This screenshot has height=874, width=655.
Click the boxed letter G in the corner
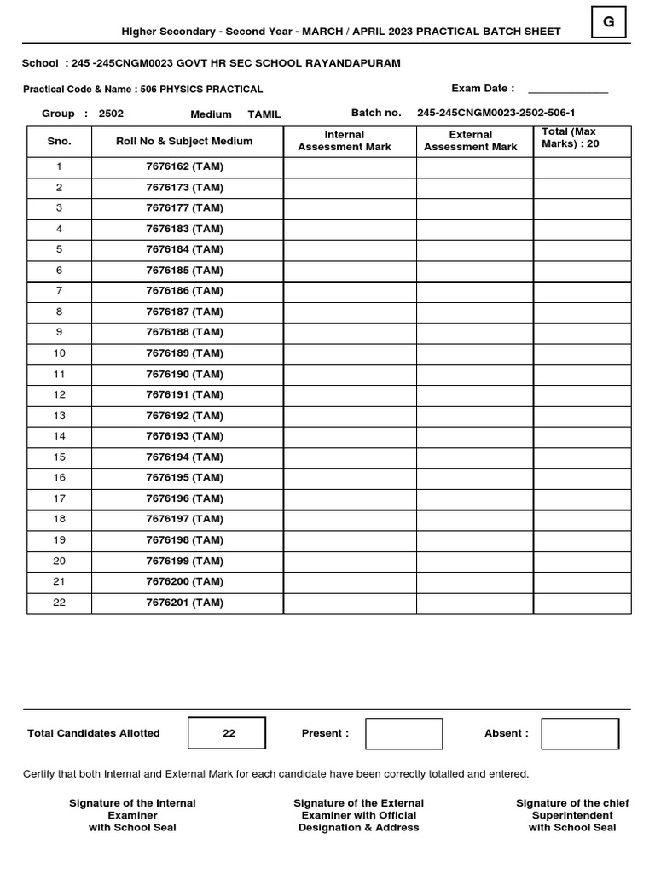coord(608,22)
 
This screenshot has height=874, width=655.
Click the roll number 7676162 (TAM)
coord(184,166)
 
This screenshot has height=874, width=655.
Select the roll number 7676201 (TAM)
coord(184,603)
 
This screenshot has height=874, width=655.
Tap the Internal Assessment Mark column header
coord(344,141)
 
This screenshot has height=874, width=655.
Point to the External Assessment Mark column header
coord(470,141)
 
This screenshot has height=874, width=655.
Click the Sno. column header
coord(59,142)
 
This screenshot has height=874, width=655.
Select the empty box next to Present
coord(403,734)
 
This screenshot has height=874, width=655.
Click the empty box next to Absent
coord(580,734)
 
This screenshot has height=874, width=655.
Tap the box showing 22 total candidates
coord(228,733)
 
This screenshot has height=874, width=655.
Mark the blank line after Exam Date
coord(567,90)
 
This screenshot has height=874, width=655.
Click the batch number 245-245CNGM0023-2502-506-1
coord(496,113)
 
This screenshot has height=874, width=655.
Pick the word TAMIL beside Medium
coord(264,114)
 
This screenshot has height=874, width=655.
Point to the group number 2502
coord(111,114)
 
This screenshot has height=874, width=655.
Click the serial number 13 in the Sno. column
coord(59,416)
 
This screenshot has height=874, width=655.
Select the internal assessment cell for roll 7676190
coord(350,375)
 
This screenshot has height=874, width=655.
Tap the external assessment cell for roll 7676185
coord(474,271)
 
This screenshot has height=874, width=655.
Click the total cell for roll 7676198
coord(582,540)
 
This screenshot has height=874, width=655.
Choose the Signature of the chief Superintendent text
coord(571,815)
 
